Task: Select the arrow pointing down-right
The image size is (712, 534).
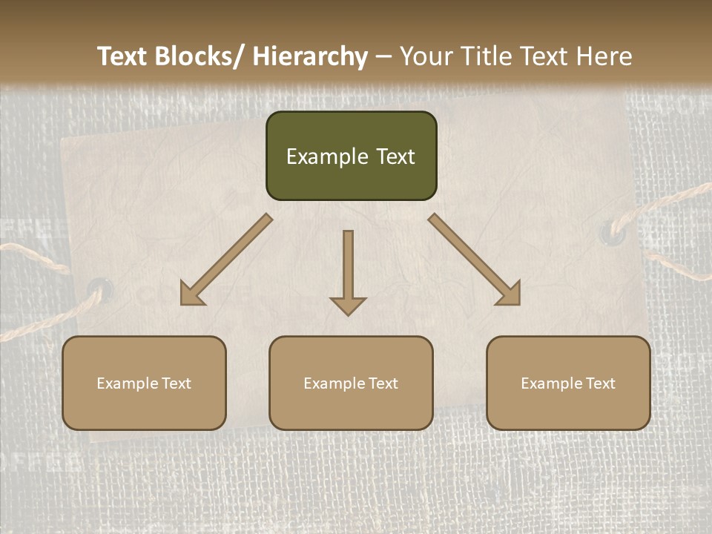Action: click(475, 260)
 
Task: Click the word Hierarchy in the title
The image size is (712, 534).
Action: click(309, 56)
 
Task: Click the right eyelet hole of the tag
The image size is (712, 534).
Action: click(612, 232)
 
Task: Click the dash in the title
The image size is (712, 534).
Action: click(383, 56)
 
